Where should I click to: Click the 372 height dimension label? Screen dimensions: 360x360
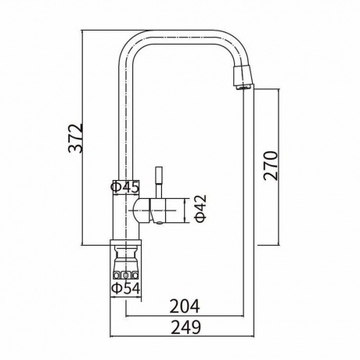[76, 138]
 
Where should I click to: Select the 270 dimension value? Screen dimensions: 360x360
[271, 165]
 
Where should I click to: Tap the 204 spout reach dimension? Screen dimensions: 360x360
[185, 306]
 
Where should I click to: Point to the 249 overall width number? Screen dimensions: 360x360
[185, 327]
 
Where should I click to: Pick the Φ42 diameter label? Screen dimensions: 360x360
[201, 208]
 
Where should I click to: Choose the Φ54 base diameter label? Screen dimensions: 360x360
[126, 288]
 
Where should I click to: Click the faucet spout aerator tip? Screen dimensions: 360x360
[243, 77]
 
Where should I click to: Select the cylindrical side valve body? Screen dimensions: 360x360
[162, 211]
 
